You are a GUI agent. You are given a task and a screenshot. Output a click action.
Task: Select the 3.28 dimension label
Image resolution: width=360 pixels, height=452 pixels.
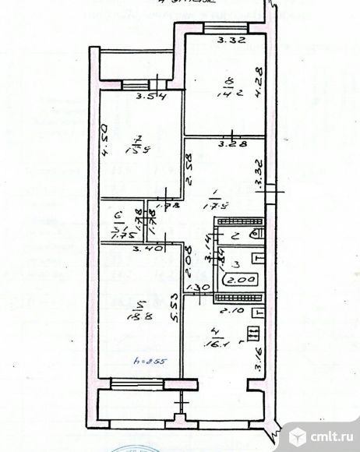pos(228,143)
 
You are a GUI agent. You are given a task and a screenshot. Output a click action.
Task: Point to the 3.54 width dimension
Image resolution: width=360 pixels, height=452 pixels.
pos(147,97)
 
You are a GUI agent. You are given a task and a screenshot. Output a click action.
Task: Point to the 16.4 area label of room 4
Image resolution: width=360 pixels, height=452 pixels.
pos(214,340)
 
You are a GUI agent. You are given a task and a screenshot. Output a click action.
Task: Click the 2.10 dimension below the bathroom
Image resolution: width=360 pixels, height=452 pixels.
pos(226,312)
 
